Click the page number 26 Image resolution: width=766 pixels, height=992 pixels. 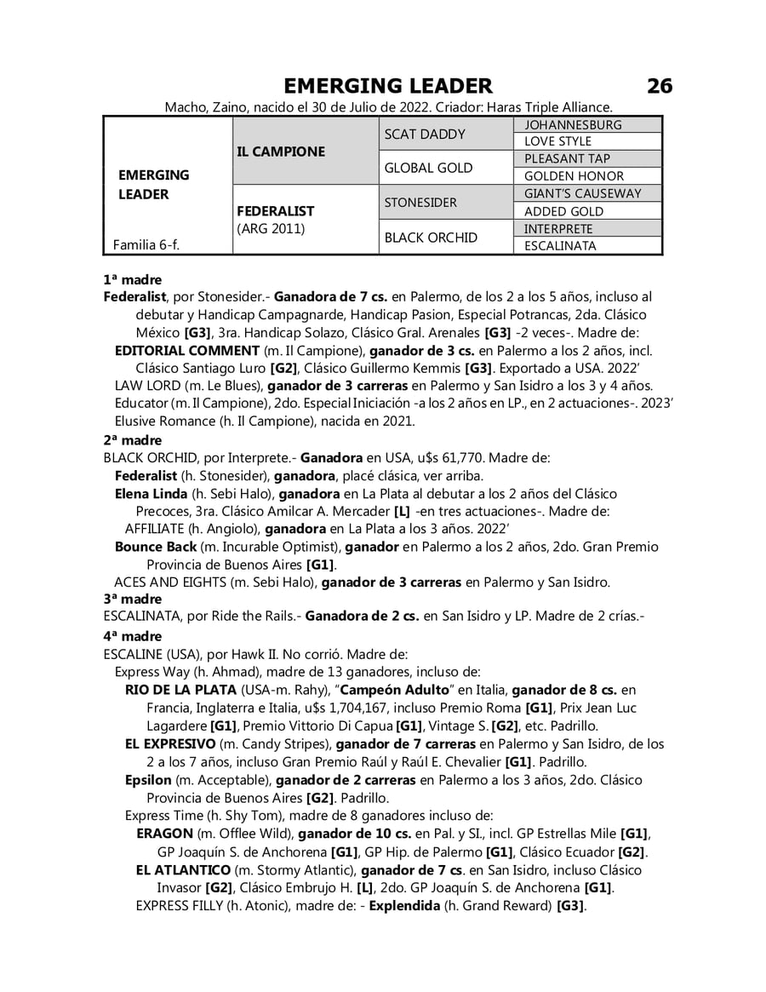[659, 86]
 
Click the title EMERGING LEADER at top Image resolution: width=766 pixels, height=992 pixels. [387, 86]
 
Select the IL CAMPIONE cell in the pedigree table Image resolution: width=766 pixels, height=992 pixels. [281, 152]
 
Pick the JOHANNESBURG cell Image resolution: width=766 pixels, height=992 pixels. [573, 125]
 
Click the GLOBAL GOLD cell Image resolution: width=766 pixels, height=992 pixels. [428, 168]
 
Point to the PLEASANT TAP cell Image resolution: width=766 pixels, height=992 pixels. [567, 159]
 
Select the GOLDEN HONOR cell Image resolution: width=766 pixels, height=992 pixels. [574, 176]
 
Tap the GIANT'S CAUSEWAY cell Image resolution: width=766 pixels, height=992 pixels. [582, 194]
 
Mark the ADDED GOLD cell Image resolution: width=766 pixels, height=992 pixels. [563, 211]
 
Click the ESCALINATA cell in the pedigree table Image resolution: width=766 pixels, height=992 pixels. [560, 246]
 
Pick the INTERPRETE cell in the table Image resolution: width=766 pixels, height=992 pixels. [558, 229]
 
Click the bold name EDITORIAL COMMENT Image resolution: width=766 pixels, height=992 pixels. [186, 351]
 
